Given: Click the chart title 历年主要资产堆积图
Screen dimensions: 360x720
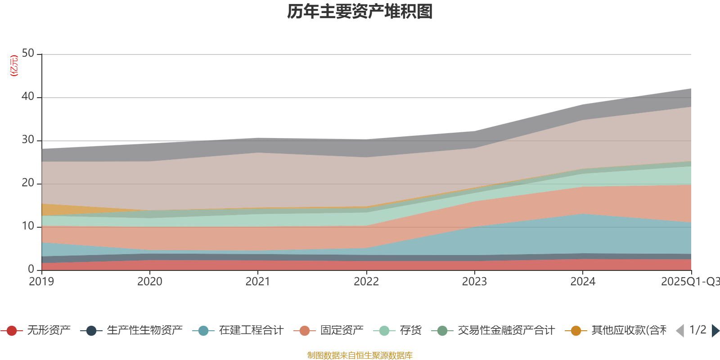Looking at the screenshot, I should [x=360, y=12].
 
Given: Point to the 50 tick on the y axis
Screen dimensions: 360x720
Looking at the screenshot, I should [x=28, y=54].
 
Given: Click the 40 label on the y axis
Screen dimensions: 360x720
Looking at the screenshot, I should [x=28, y=96].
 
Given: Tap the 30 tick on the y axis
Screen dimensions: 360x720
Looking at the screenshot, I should [x=28, y=140].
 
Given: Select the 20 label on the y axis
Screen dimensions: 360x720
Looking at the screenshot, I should [x=28, y=183].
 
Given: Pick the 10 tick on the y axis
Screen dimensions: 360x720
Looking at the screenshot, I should [x=28, y=226].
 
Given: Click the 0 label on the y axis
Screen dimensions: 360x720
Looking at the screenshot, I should [x=31, y=269].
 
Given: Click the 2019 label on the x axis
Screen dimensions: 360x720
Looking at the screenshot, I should [x=41, y=282].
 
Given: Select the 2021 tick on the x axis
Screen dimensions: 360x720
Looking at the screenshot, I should [x=258, y=282].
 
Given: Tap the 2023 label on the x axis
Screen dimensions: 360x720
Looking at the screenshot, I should [x=474, y=282].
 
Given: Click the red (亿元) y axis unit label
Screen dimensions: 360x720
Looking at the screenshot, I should [x=14, y=66].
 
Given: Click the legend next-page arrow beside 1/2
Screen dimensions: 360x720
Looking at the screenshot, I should [x=715, y=331].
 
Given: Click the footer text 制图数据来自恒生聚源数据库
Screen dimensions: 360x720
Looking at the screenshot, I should [x=360, y=355].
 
